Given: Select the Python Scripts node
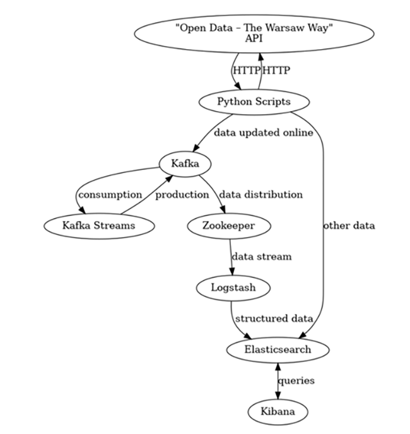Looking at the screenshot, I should pos(254,102).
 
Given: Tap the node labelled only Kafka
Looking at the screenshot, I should pos(184,163).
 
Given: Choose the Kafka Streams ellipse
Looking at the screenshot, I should pos(99,225).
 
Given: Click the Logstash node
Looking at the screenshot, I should pos(233,288).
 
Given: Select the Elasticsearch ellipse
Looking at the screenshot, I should pos(278,349).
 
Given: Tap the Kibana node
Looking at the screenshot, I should pos(278,411).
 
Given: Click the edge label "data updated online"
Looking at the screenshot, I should pos(263,133).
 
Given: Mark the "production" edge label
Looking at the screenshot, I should pos(182,194).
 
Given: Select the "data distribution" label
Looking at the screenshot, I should pos(260,194).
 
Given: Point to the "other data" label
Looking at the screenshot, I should pos(349,225).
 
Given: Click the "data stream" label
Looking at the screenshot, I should pos(261,257).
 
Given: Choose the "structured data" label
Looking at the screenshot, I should pos(273,319).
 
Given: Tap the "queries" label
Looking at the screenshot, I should pos(296,380).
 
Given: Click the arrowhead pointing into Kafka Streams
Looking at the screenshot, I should pos(81,210).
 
